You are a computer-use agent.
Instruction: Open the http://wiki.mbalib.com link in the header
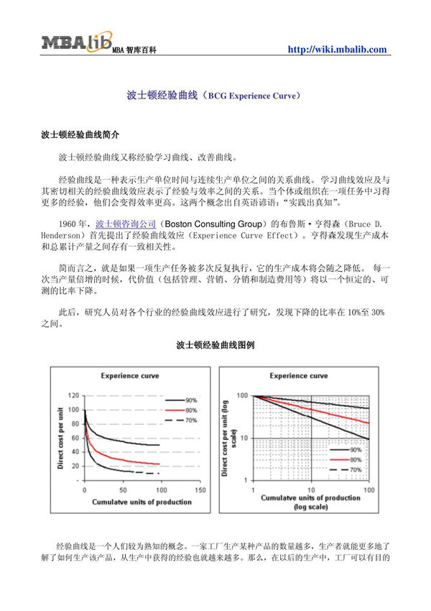tap(337, 50)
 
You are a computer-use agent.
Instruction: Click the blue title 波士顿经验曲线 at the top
tap(164, 94)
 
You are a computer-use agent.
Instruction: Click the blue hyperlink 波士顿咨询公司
tap(126, 224)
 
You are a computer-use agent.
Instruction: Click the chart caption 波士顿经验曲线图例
tap(215, 345)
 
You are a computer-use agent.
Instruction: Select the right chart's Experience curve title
tap(299, 376)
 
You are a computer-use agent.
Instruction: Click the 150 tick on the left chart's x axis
tap(200, 490)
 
